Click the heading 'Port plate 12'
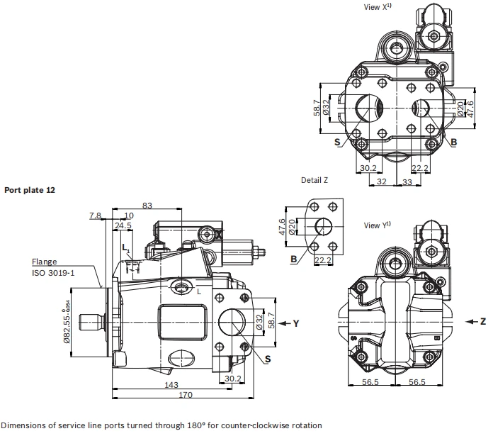point(30,190)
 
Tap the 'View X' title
point(378,6)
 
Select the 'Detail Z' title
point(314,180)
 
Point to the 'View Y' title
point(377,225)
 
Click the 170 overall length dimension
point(185,394)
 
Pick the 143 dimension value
point(171,384)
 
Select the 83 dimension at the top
point(147,206)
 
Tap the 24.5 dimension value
point(123,225)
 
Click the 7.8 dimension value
point(95,216)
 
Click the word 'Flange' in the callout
point(45,262)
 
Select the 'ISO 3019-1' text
point(53,272)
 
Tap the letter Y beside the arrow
point(296,323)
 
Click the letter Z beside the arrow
point(483,321)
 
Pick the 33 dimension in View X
point(407,181)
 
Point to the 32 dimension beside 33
point(381,181)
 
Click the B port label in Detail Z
point(294,259)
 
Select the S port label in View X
point(337,142)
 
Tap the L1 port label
point(126,248)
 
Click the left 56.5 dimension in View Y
point(370,382)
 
